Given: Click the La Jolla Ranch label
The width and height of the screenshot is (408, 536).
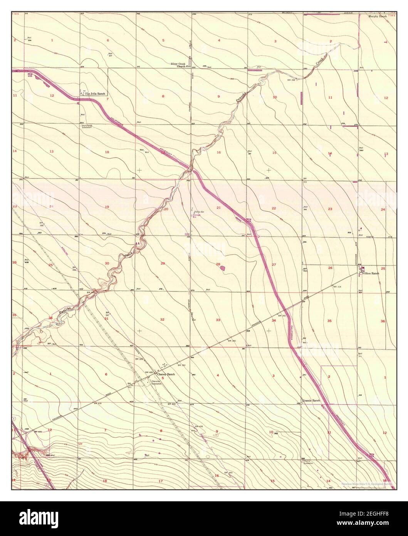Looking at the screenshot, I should [96, 93].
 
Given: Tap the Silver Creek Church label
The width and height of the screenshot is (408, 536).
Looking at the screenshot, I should [178, 64].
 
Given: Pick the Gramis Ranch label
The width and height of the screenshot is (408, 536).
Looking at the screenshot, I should [311, 401].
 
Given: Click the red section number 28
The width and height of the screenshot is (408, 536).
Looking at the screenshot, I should [218, 264].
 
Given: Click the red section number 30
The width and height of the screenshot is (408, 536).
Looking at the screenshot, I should [107, 263].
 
